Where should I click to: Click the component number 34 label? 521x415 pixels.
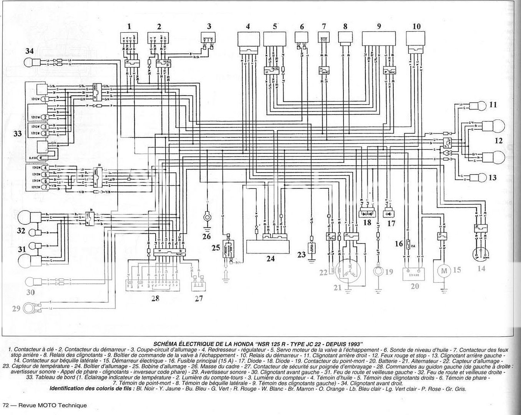click(x=30, y=51)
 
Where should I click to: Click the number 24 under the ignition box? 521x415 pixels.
click(x=270, y=259)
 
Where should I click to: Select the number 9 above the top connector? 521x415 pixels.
click(x=379, y=27)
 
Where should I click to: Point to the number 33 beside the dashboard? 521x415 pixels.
click(x=18, y=134)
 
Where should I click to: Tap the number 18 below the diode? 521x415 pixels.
click(x=367, y=222)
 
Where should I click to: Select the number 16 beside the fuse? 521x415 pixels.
click(x=398, y=243)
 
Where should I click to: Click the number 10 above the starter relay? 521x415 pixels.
click(x=416, y=27)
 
